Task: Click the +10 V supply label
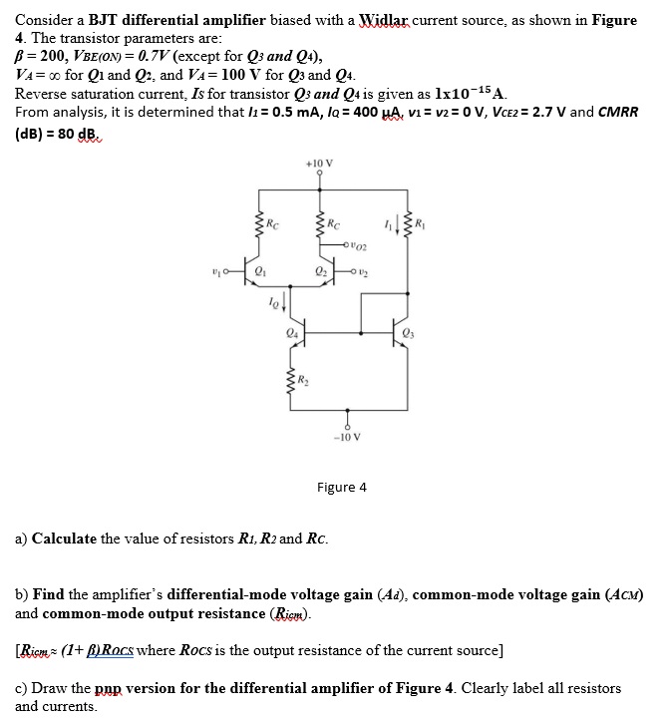(320, 162)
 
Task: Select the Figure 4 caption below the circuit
(341, 487)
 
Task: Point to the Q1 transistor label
(262, 268)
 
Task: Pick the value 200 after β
(44, 57)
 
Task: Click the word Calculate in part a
(64, 539)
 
